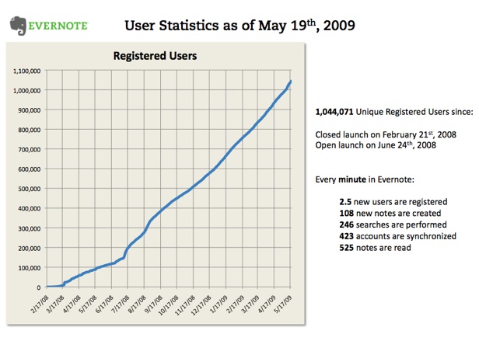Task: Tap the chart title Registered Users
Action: tap(155, 56)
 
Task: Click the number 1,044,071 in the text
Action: tap(334, 112)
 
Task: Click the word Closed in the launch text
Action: tap(329, 134)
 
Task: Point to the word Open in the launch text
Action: tap(325, 145)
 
